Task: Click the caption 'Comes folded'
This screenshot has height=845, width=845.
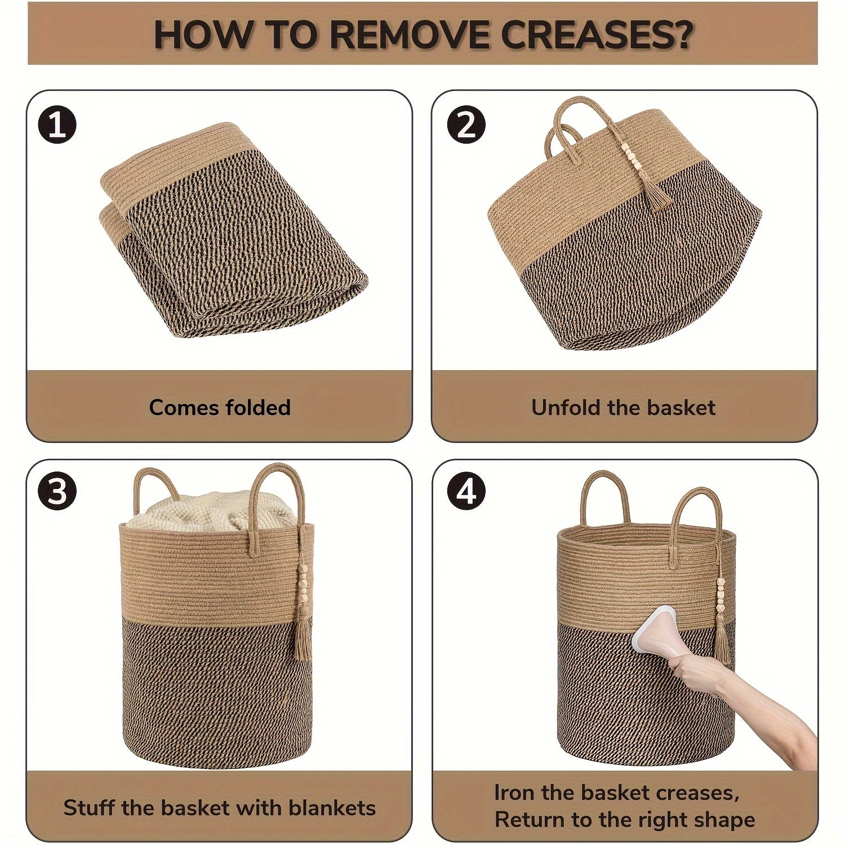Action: [220, 407]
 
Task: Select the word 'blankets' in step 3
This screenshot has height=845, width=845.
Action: [332, 807]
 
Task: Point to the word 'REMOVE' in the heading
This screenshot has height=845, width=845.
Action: [406, 35]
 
